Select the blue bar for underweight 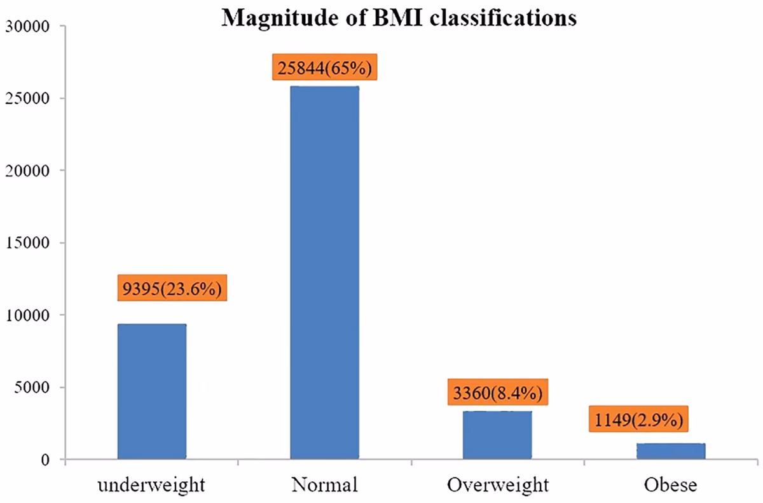click(x=151, y=392)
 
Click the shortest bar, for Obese click(x=671, y=451)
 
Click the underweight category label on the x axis click(x=151, y=485)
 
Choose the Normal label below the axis click(x=324, y=485)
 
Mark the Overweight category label click(x=497, y=485)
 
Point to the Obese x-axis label click(x=670, y=485)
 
